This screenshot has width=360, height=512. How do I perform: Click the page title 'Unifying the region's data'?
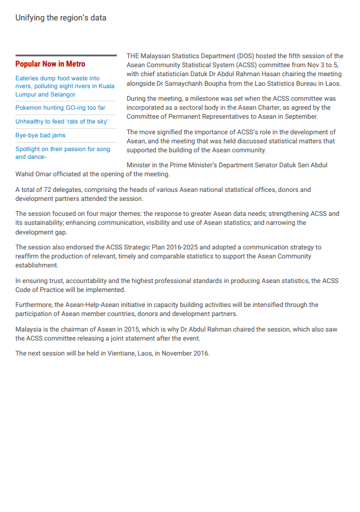click(x=61, y=18)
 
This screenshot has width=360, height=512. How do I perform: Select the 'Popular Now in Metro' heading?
click(x=50, y=64)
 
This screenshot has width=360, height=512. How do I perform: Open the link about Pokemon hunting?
click(x=60, y=108)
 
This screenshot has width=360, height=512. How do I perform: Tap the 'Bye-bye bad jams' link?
click(x=40, y=135)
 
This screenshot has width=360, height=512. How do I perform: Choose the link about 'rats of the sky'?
click(x=62, y=122)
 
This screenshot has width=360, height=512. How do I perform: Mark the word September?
click(x=299, y=116)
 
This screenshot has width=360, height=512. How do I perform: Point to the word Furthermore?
click(x=34, y=305)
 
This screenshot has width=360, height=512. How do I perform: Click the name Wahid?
click(x=25, y=174)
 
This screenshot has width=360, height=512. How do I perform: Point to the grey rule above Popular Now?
click(x=66, y=56)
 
